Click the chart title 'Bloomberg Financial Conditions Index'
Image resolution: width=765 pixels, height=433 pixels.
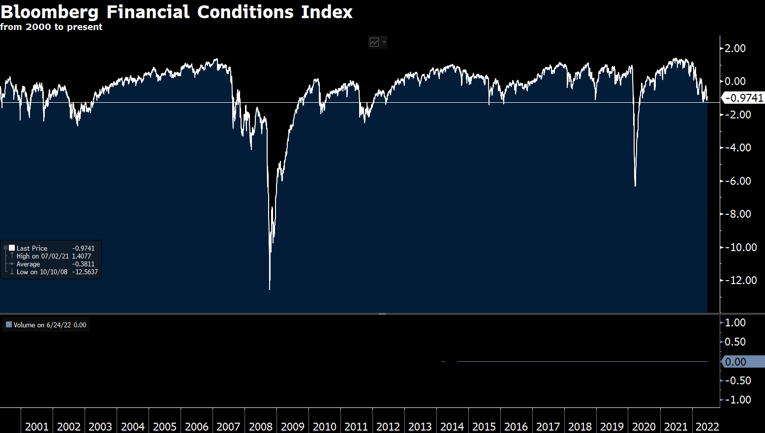176,12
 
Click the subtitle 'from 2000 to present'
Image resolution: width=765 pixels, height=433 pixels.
51,27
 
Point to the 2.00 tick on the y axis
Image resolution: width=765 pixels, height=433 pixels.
735,48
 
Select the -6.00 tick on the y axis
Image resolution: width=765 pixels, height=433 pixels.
735,181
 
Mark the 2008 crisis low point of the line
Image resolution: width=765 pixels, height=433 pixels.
270,289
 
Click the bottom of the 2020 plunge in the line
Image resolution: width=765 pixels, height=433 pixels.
635,186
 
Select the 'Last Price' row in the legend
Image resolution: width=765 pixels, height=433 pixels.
32,248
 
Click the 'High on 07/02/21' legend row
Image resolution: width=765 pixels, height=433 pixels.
43,256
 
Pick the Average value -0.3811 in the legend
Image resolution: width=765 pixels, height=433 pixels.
83,264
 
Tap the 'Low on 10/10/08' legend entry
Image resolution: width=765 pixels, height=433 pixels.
42,272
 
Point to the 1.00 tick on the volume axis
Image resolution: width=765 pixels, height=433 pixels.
735,322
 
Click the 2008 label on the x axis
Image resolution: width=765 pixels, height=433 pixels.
260,426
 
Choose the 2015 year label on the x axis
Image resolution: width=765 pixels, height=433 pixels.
484,426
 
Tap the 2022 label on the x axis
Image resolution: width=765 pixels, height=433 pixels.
707,426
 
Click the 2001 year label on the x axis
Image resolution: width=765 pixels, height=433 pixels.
37,426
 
